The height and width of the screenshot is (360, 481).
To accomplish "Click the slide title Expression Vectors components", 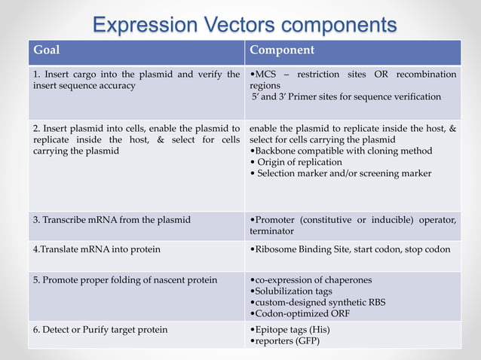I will pyautogui.click(x=244, y=24).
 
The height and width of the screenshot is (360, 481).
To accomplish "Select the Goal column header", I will pyautogui.click(x=46, y=51).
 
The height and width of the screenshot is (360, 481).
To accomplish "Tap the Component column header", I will pyautogui.click(x=281, y=51).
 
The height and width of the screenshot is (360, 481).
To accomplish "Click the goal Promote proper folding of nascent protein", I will pyautogui.click(x=124, y=280).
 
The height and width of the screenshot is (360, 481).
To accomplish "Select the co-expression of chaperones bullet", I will pyautogui.click(x=311, y=280).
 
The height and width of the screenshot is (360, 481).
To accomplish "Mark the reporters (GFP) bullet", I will pyautogui.click(x=286, y=341).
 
